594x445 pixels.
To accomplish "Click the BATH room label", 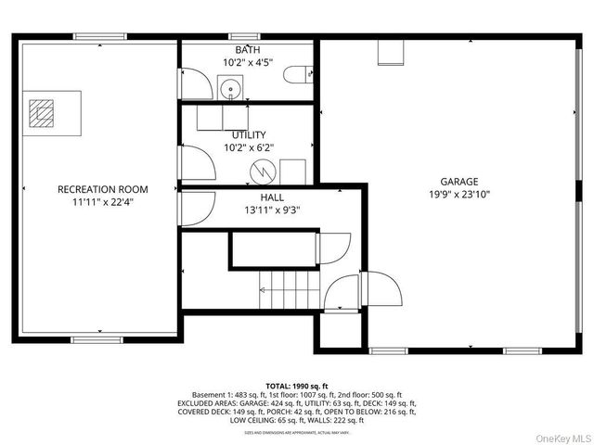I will pyautogui.click(x=248, y=49).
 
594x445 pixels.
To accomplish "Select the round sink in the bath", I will pyautogui.click(x=231, y=90).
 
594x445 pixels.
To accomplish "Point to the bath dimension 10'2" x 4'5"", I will pyautogui.click(x=248, y=63).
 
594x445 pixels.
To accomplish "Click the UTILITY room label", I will pyautogui.click(x=248, y=134).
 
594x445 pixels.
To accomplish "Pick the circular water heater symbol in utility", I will pyautogui.click(x=265, y=172).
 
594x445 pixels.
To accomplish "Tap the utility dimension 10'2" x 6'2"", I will pyautogui.click(x=248, y=147).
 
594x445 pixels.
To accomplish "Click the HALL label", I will pyautogui.click(x=271, y=197).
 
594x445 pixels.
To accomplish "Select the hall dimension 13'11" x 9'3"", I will pyautogui.click(x=271, y=210).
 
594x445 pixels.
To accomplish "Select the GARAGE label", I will pyautogui.click(x=458, y=182).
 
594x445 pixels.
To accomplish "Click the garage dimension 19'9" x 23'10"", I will pyautogui.click(x=458, y=195).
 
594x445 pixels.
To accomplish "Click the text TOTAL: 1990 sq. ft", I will pyautogui.click(x=297, y=385).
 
